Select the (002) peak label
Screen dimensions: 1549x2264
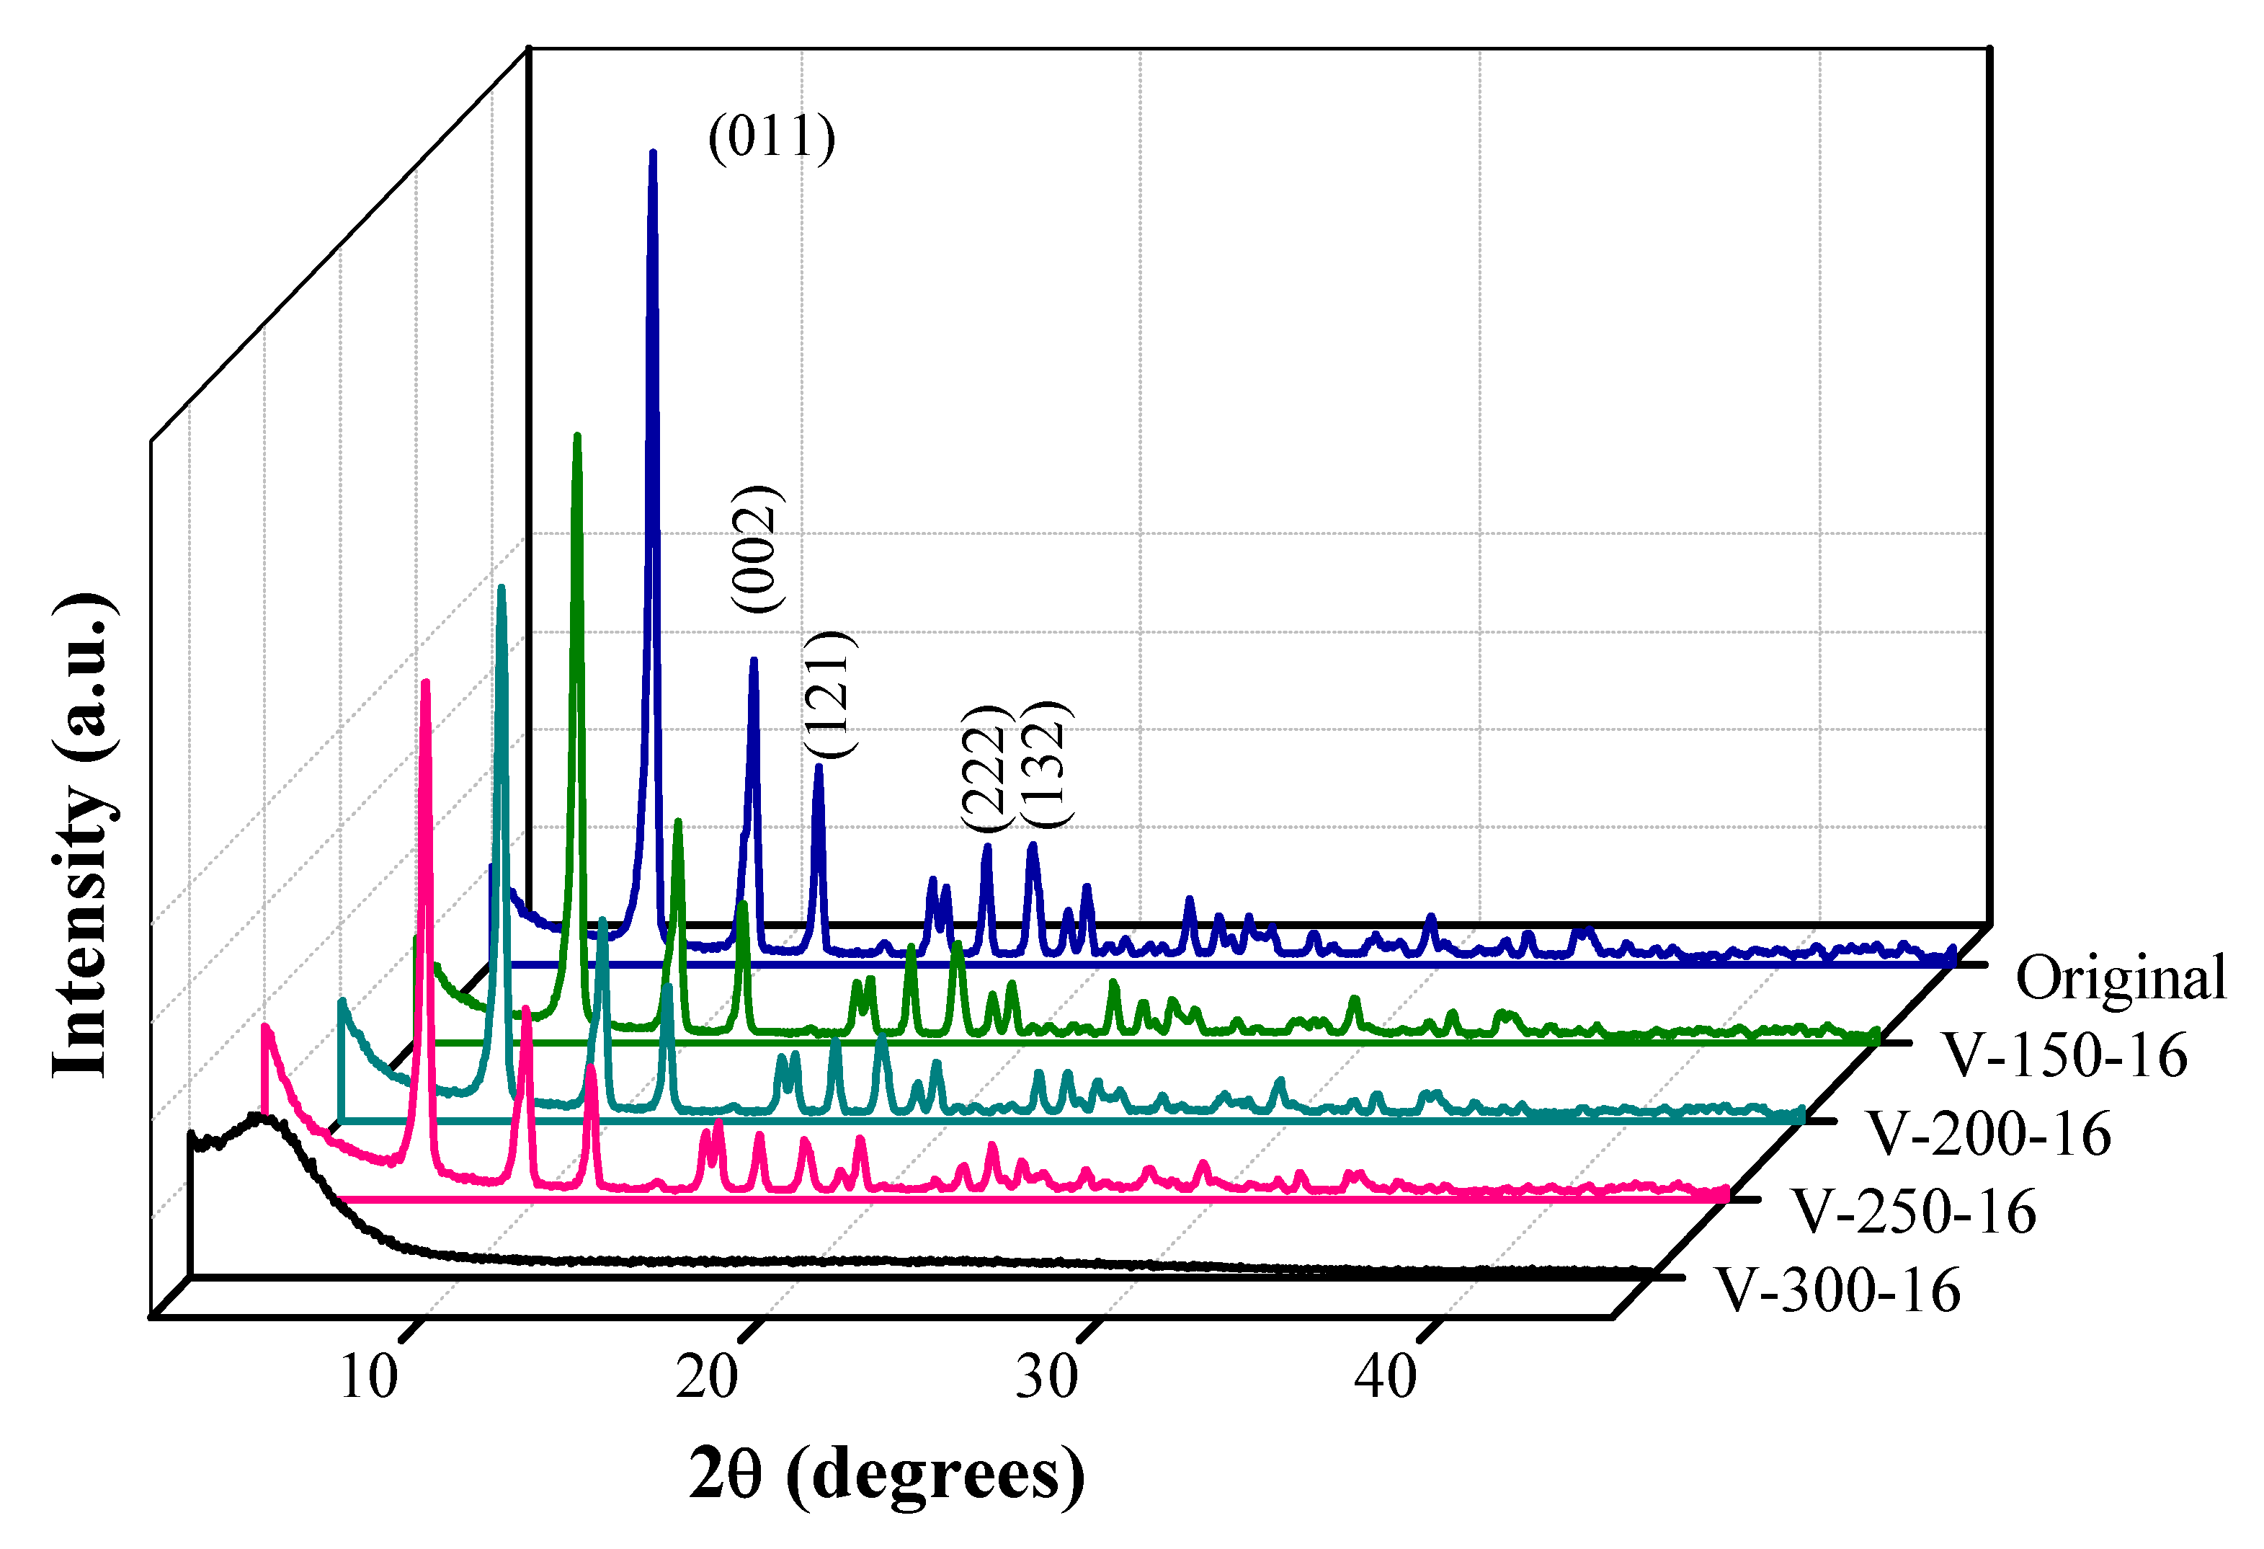[x=757, y=549]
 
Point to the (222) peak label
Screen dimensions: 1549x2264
[x=982, y=767]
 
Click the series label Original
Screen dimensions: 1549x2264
[x=2120, y=978]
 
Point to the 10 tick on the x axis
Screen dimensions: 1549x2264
[x=369, y=1377]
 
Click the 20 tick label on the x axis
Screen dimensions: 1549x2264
[x=708, y=1377]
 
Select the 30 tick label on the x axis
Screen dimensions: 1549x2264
[x=1047, y=1377]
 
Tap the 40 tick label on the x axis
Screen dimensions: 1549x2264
[x=1386, y=1377]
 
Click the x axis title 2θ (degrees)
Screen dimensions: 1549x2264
[x=886, y=1474]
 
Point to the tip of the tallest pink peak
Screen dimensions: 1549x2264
[x=424, y=683]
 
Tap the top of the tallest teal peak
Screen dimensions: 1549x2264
[x=502, y=587]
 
